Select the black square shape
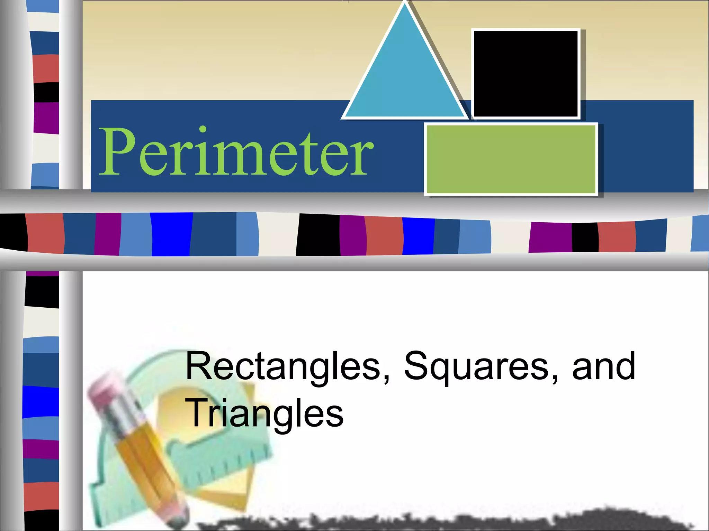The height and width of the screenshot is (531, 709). (x=526, y=74)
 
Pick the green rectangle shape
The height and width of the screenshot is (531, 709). (x=511, y=159)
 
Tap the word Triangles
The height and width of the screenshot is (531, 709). (x=265, y=413)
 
